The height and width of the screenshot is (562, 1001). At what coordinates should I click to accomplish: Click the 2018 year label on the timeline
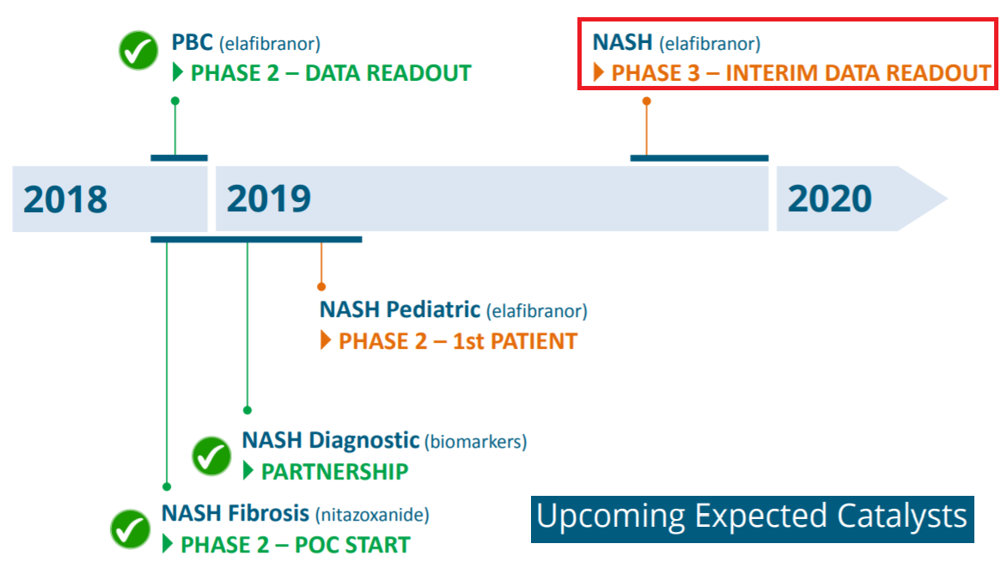coord(65,199)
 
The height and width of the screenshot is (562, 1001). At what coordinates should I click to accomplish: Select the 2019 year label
coord(269,199)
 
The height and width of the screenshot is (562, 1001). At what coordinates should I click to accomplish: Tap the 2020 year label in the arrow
coord(829,199)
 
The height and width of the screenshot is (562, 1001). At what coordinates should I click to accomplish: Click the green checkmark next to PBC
coord(138,51)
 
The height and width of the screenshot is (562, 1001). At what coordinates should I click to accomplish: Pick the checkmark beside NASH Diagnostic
coord(211,456)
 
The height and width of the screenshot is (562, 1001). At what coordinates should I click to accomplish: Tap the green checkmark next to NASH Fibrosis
coord(131,528)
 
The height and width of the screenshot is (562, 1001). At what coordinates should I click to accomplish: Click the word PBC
coord(192,43)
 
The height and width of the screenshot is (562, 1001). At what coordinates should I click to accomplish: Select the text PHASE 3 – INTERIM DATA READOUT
coord(801,73)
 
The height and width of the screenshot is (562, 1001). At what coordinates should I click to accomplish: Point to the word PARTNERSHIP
coord(334,472)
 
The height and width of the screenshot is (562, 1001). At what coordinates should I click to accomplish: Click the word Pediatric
coord(433,309)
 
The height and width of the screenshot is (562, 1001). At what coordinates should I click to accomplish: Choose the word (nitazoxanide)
coord(372,515)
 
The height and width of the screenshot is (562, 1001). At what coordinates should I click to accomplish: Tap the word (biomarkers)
coord(476,442)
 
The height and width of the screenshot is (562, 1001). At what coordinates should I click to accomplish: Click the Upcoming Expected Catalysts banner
coord(752,519)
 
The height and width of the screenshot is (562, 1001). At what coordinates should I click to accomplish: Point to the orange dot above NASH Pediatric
coord(321,287)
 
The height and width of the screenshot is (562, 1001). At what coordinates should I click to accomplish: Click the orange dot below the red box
coord(647,101)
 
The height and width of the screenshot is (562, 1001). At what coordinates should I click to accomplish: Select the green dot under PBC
coord(175,101)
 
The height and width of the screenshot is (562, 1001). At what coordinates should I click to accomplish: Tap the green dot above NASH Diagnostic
coord(247,410)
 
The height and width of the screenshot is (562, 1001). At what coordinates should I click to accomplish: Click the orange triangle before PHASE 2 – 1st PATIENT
coord(325,340)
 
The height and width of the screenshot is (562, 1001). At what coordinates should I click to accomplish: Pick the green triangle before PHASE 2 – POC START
coord(168,544)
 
